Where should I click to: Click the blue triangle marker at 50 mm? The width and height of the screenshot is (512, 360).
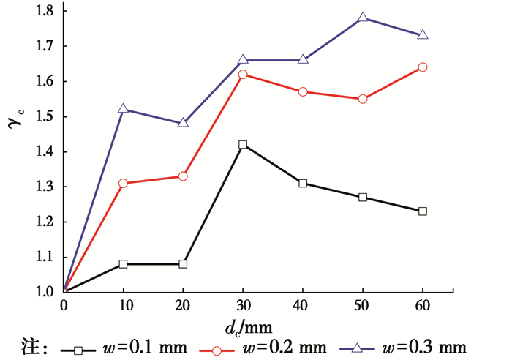(363, 18)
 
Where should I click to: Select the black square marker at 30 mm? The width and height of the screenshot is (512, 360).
(243, 145)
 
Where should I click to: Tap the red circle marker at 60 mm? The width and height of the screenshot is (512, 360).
(422, 67)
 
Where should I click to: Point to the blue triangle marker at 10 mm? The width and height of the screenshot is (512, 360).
(124, 109)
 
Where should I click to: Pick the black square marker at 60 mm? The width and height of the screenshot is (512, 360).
(422, 211)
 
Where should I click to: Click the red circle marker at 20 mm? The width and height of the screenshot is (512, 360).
(183, 176)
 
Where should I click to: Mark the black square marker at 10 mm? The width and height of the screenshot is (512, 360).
(124, 263)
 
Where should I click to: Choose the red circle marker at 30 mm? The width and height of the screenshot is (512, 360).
(243, 75)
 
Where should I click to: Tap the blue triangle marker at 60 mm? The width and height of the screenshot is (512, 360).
(422, 35)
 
